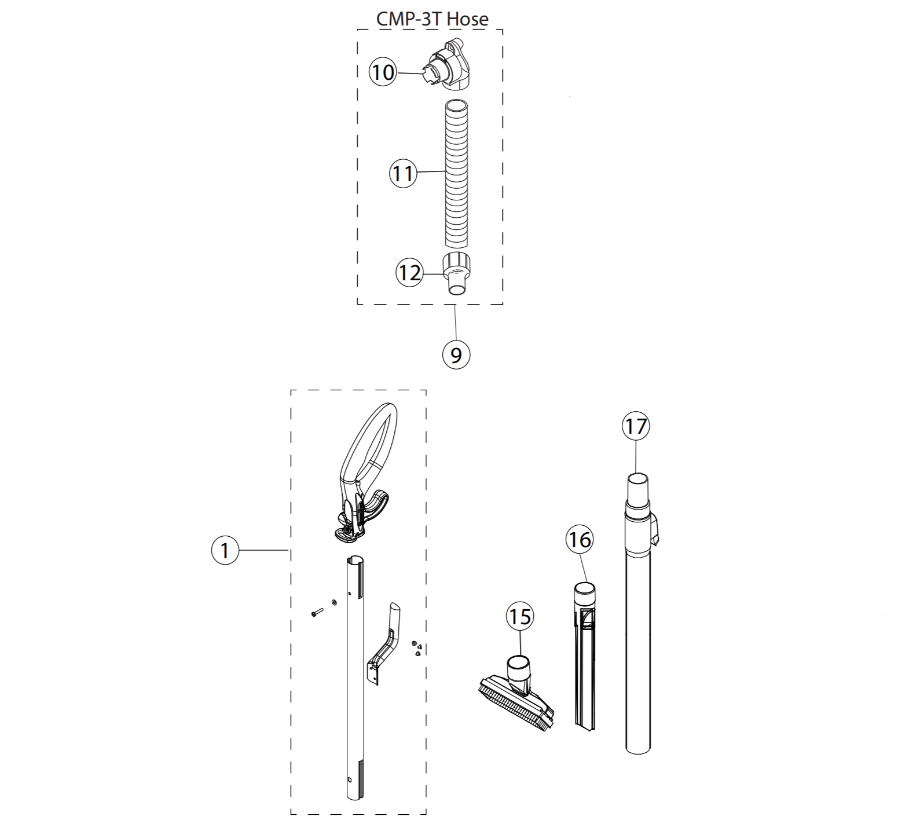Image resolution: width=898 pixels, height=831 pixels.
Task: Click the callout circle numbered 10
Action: pyautogui.click(x=383, y=72)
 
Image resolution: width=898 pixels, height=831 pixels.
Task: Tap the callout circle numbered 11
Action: pyautogui.click(x=403, y=173)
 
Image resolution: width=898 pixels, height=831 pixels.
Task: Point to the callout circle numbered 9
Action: pyautogui.click(x=456, y=354)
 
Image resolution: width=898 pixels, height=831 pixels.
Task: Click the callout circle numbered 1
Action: pyautogui.click(x=225, y=550)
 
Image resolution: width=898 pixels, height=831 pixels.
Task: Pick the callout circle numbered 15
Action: pyautogui.click(x=519, y=616)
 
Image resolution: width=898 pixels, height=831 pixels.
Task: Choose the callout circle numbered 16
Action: pyautogui.click(x=580, y=540)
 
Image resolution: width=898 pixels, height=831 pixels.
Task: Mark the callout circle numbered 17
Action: pyautogui.click(x=636, y=426)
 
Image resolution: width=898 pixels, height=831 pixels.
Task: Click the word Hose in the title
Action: pyautogui.click(x=467, y=19)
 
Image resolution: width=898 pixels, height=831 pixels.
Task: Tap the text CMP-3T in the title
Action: pyautogui.click(x=409, y=19)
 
